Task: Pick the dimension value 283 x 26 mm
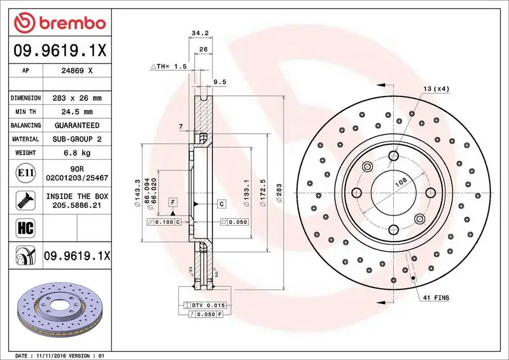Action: click(x=78, y=98)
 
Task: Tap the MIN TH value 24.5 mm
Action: click(x=78, y=112)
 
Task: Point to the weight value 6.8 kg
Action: click(x=78, y=153)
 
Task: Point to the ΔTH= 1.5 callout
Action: click(x=168, y=66)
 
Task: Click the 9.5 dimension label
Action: click(x=220, y=81)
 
